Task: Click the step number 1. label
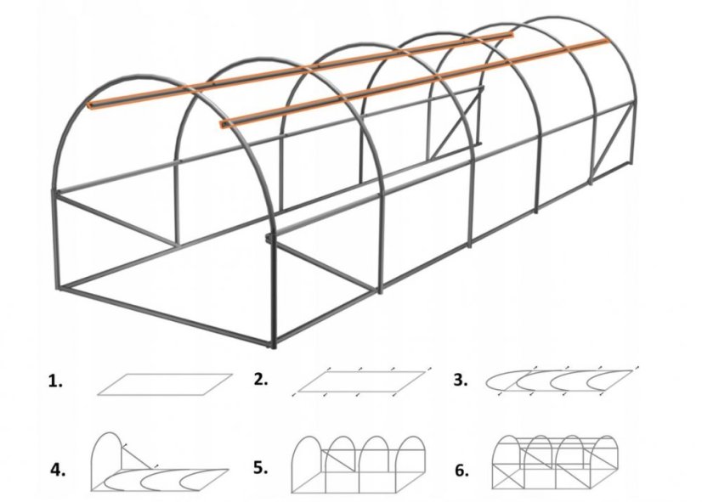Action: coord(55,382)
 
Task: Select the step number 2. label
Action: coord(261,380)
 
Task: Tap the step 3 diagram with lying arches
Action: coord(561,380)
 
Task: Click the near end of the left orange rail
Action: coord(91,107)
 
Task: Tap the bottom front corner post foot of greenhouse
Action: coord(274,344)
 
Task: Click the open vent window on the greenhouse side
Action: coord(455,123)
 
